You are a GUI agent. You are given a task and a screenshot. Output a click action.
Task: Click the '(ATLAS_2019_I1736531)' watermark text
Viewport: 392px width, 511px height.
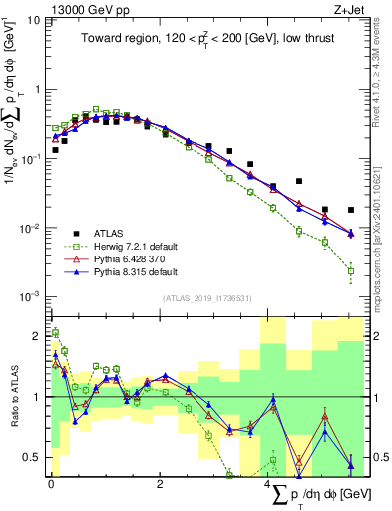207,298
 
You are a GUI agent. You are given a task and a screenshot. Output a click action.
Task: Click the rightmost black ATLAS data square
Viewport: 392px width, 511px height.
351,211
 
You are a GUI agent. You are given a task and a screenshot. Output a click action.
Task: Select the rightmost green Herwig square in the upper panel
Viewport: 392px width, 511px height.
351,270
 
